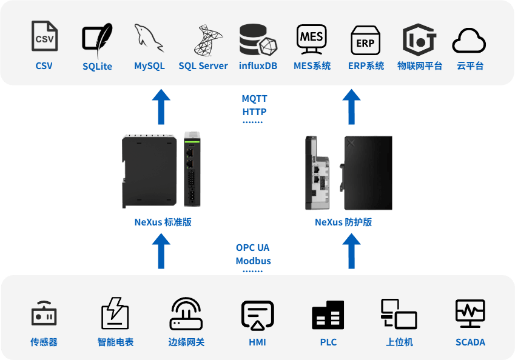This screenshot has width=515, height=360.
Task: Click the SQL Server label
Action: click(x=203, y=66)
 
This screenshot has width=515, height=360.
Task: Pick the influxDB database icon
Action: click(x=258, y=39)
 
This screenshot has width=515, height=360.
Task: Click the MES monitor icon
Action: click(x=312, y=38)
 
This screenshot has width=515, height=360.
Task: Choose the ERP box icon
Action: click(x=366, y=40)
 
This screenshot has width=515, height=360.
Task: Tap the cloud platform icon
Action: click(x=470, y=41)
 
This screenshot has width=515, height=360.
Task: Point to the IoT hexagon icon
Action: click(x=419, y=39)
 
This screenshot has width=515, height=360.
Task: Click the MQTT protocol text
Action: click(x=254, y=98)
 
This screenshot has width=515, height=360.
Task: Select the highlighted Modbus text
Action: click(x=253, y=261)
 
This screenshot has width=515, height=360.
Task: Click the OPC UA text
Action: click(x=253, y=247)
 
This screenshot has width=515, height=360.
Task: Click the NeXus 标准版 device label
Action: click(x=163, y=222)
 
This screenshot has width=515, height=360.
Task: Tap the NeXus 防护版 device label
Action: click(x=343, y=222)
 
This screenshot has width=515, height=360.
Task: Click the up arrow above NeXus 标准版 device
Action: click(x=161, y=106)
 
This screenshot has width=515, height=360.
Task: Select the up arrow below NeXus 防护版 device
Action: click(x=351, y=251)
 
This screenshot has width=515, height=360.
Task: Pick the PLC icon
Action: click(x=328, y=315)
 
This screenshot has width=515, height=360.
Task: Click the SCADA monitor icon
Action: click(x=470, y=314)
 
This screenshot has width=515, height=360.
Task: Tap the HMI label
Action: click(x=257, y=342)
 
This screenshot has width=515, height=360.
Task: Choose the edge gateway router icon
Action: click(x=186, y=314)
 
